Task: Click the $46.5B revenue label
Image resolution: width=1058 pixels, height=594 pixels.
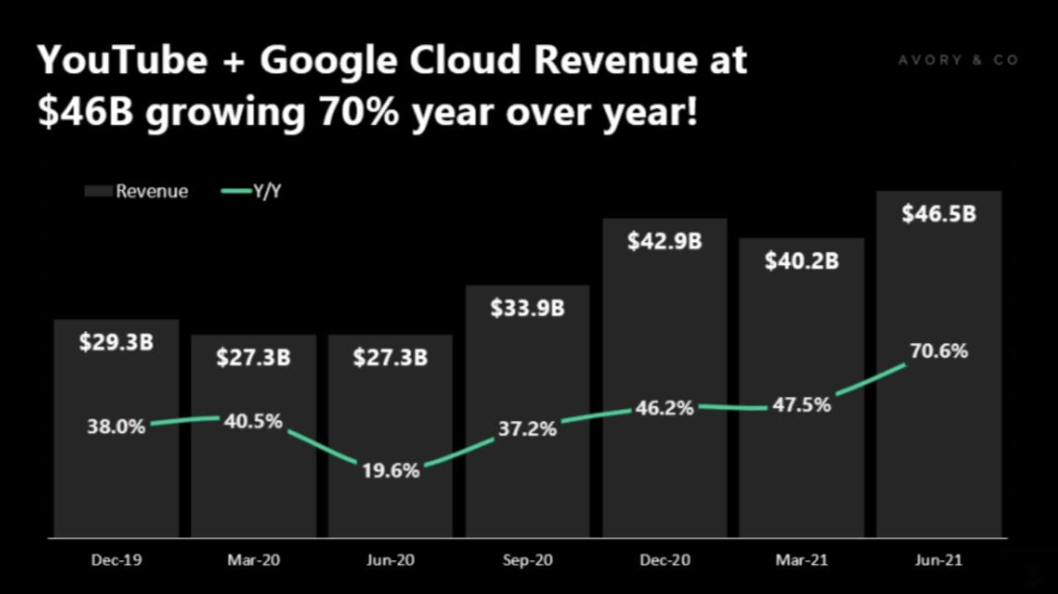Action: click(x=938, y=214)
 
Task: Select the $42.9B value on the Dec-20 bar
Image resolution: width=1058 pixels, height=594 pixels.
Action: click(x=664, y=241)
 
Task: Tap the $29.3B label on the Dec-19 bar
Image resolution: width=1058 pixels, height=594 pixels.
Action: click(x=116, y=342)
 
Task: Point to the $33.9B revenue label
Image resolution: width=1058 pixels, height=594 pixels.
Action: click(x=527, y=308)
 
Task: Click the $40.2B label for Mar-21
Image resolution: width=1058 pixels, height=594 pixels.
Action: click(x=801, y=261)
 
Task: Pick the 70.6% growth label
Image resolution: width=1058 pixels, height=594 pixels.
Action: click(x=938, y=351)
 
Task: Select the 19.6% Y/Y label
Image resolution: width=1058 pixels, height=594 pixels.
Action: click(x=390, y=470)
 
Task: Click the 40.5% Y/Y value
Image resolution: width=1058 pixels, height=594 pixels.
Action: click(x=253, y=421)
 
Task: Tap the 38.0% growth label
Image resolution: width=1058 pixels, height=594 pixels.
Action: click(x=116, y=426)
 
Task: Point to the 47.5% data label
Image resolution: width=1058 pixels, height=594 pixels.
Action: click(x=801, y=405)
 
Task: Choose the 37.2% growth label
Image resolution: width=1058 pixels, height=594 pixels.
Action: click(x=527, y=429)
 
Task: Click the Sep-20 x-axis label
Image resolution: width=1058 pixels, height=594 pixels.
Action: click(x=527, y=560)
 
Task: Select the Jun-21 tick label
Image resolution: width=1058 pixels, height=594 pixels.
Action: click(x=938, y=560)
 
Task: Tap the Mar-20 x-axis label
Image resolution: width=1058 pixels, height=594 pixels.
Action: click(x=253, y=560)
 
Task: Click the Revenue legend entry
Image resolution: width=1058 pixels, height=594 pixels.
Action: click(x=137, y=192)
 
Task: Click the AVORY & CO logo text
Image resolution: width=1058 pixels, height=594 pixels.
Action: click(x=958, y=60)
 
